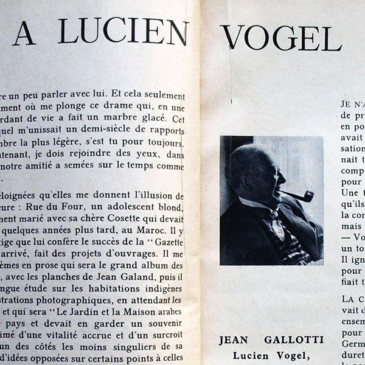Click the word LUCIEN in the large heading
124,32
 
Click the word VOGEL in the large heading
280,37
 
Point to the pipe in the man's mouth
297,196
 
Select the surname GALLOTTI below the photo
302,339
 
